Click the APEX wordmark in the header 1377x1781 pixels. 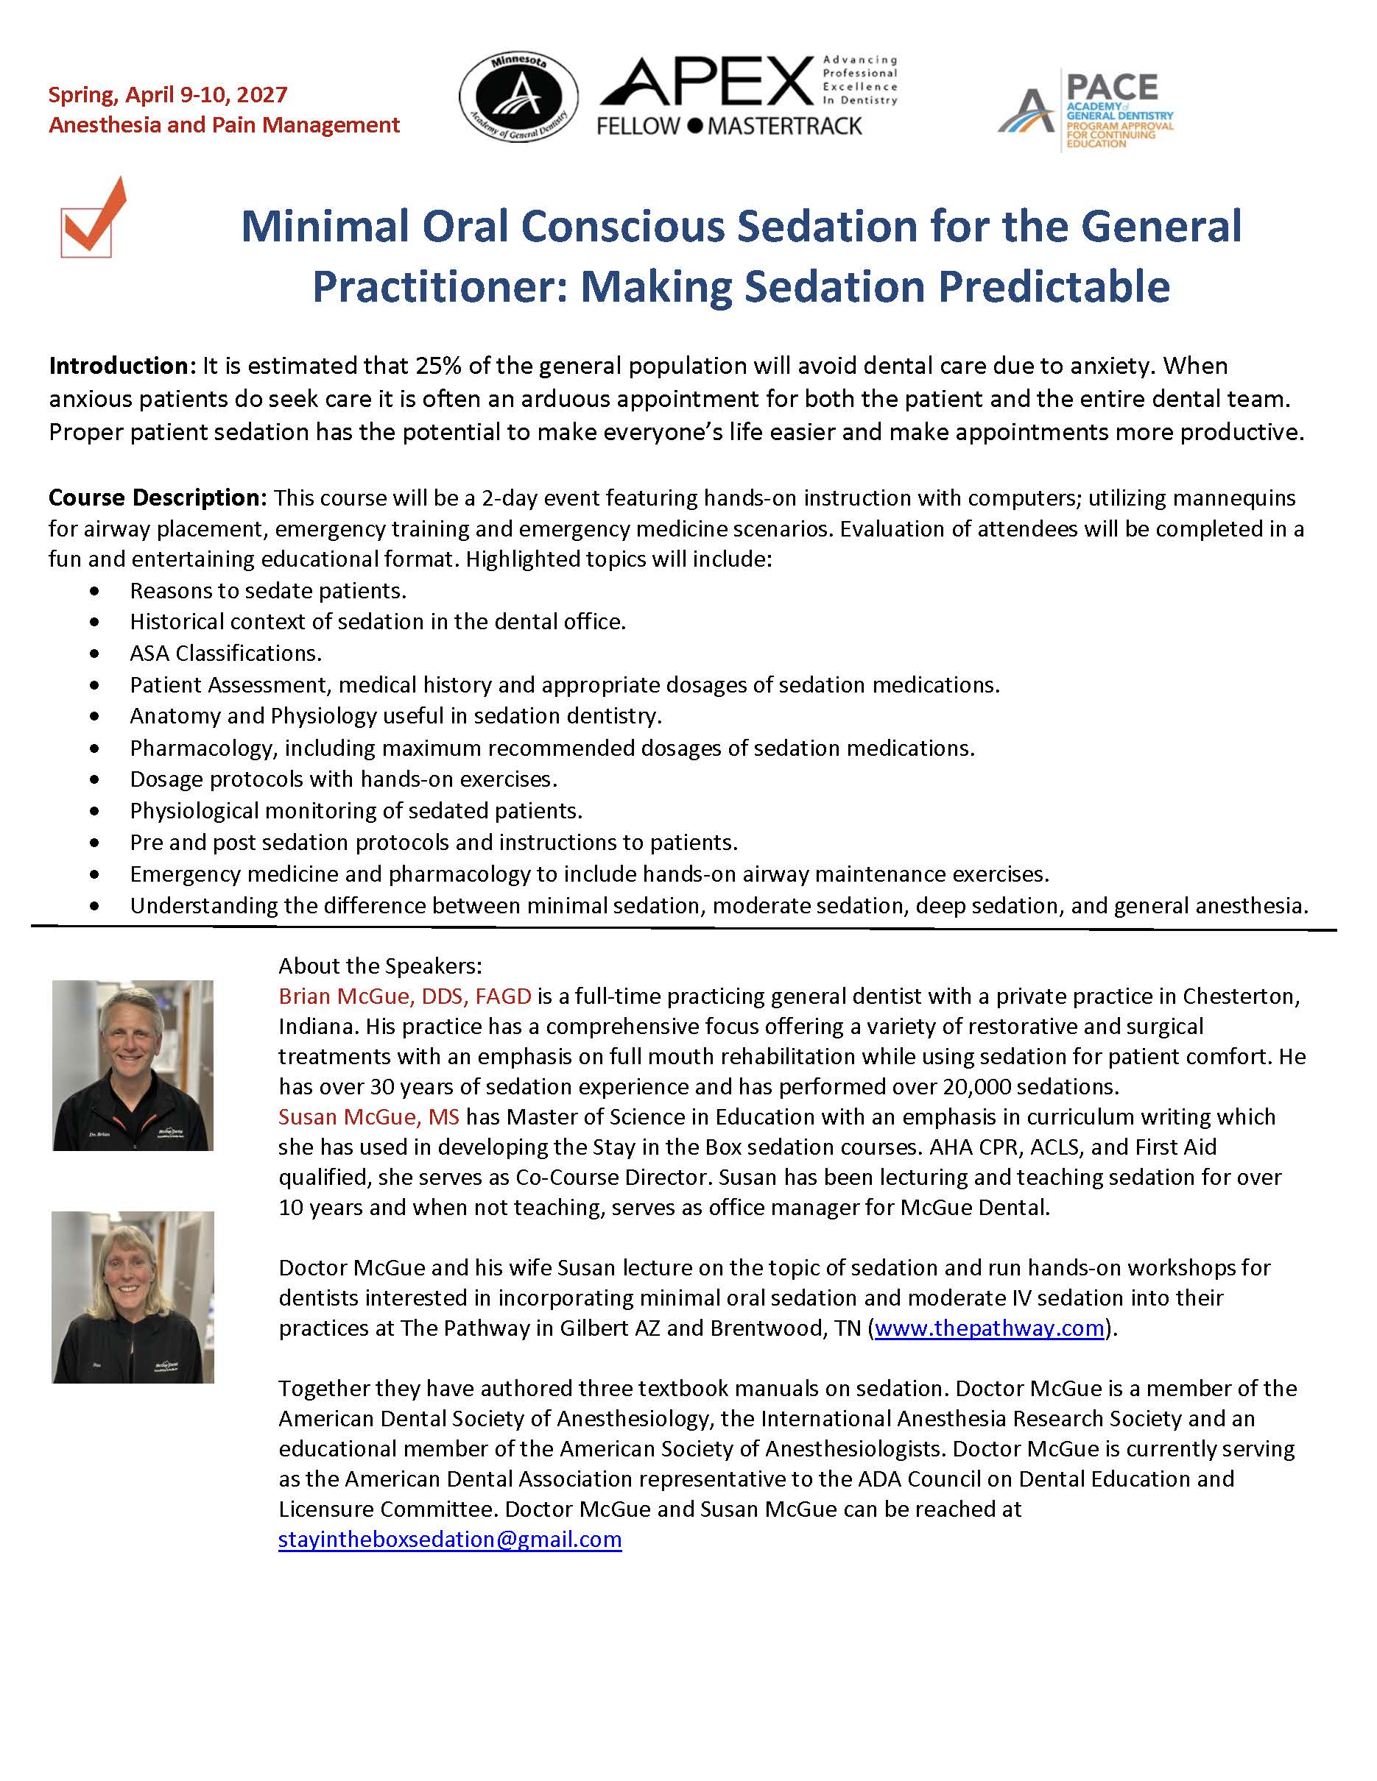pos(707,83)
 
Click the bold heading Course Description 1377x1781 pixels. pos(157,498)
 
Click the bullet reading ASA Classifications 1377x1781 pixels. pos(225,654)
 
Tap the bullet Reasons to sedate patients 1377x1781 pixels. pos(267,589)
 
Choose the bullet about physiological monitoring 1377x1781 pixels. pos(356,810)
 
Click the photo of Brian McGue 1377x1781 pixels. pos(133,1065)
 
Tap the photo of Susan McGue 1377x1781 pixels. pos(133,1297)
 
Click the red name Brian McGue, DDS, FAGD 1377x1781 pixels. pos(404,996)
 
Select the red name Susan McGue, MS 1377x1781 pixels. pos(369,1116)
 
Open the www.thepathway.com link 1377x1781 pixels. pos(989,1328)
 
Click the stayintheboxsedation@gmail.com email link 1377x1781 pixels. pos(449,1539)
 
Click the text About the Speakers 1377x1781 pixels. pos(380,966)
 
